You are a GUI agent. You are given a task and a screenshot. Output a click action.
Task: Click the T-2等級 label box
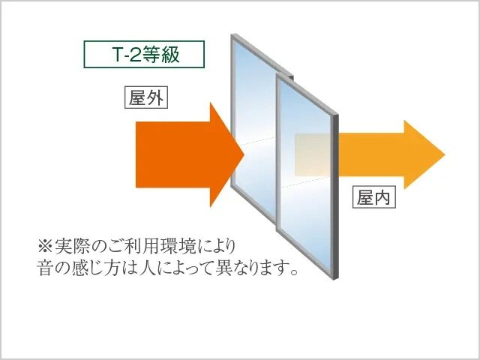click(143, 54)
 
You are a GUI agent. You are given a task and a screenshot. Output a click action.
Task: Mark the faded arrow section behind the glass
click(311, 154)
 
